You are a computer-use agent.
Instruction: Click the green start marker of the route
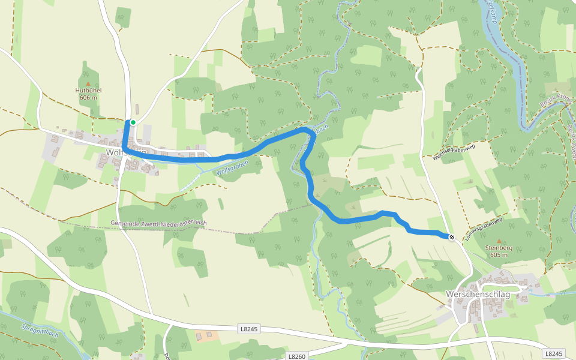tap(133, 122)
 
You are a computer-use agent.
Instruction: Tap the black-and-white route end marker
tap(451, 237)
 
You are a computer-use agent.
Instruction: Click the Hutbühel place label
tap(88, 91)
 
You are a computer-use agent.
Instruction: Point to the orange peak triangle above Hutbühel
tap(88, 84)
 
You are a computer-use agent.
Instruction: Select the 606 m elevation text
tap(88, 97)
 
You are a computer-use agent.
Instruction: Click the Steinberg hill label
tap(498, 247)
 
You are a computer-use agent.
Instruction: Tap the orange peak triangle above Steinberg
tap(498, 241)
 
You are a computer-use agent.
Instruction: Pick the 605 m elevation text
tap(498, 254)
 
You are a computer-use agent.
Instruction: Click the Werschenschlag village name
tap(478, 295)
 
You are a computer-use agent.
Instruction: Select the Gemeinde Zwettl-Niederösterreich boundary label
tap(159, 223)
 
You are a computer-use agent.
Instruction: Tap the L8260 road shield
tap(297, 356)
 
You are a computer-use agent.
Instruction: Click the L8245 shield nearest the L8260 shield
tap(248, 329)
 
